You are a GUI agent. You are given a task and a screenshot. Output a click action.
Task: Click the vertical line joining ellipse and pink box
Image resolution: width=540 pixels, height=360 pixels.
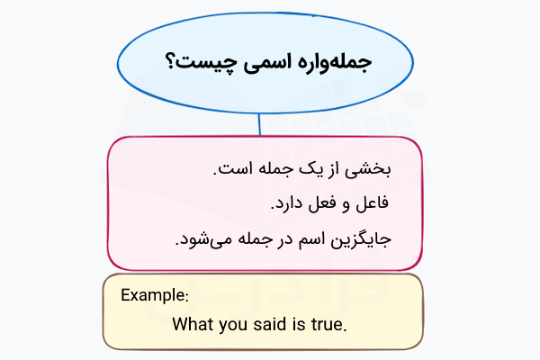[259, 124]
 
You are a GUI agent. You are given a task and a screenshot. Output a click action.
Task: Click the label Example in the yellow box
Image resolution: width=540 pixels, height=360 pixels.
[154, 295]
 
